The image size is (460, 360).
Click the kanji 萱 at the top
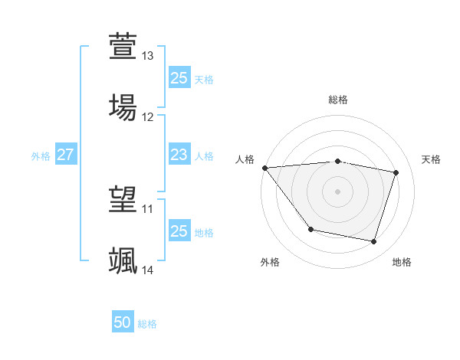pos(123,46)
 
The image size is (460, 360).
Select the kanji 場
pos(123,106)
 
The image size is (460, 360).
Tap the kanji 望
pos(123,198)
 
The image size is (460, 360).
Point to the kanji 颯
pos(123,260)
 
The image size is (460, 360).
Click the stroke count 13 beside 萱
pos(148,57)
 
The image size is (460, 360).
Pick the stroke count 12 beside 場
pos(148,117)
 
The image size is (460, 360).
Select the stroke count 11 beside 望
pos(148,209)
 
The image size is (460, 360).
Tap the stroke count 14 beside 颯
pos(148,270)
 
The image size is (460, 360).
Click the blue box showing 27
pos(65,155)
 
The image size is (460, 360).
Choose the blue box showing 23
pos(179,155)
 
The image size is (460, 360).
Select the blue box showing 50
pos(123,322)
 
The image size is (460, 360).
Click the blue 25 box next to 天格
pos(179,78)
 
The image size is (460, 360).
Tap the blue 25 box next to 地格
pos(179,231)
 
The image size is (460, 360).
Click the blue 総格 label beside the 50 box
pos(147,324)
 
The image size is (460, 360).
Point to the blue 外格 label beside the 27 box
pos(41,156)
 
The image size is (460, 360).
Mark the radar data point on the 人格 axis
pos(264,168)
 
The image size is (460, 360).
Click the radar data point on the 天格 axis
pos(396,172)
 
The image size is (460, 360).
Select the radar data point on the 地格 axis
pos(373,242)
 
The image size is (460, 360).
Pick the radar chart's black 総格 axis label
pos(338,100)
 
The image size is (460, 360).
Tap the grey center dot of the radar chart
pos(337,191)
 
